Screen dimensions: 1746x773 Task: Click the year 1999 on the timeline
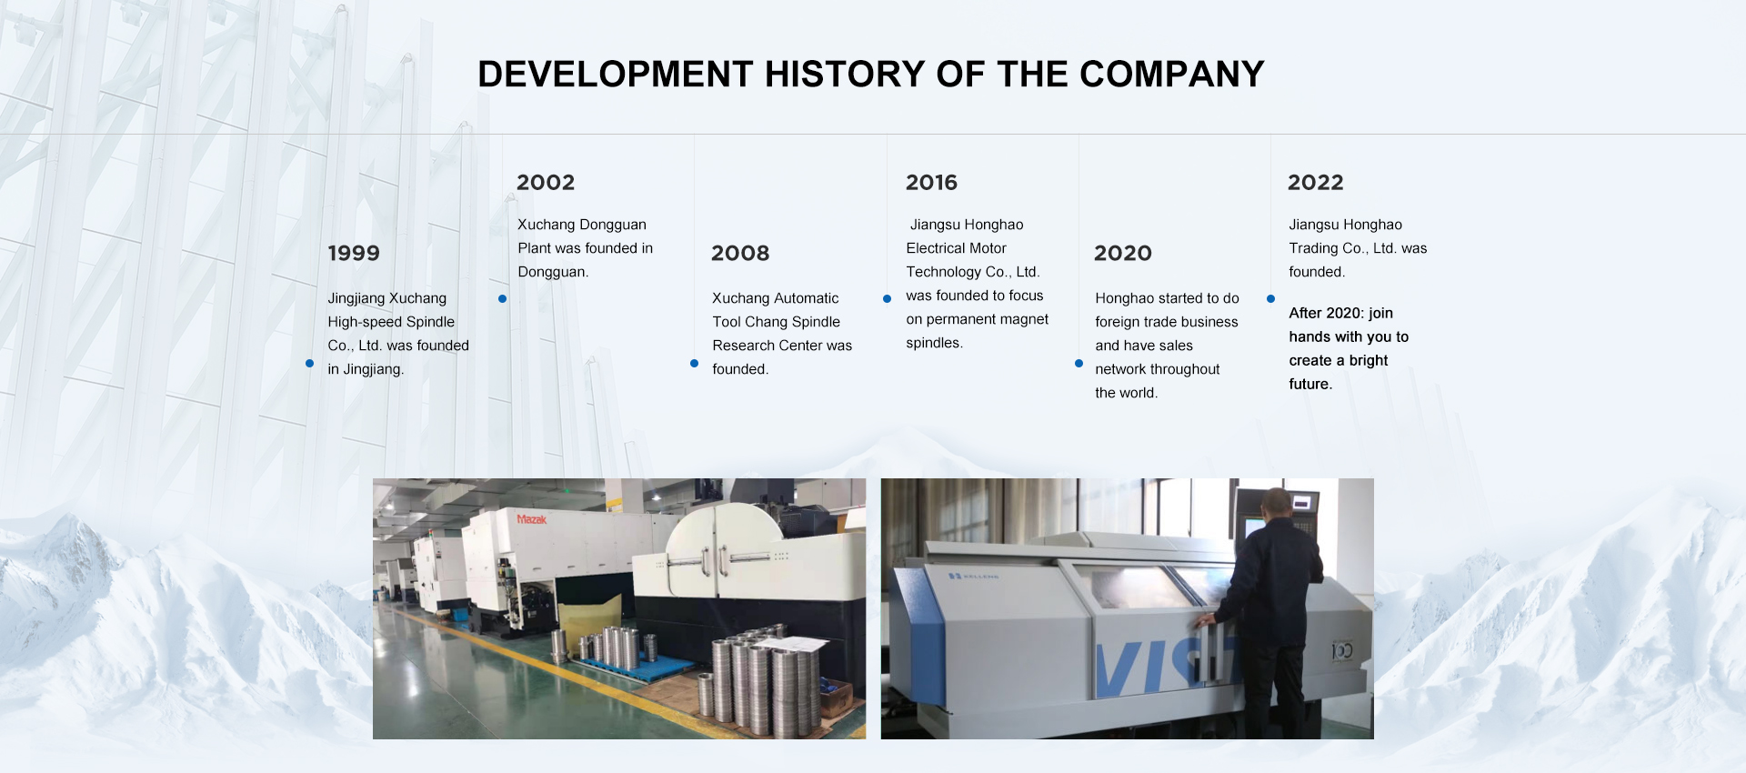354,253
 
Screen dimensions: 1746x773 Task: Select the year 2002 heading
546,182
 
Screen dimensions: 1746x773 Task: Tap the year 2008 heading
740,253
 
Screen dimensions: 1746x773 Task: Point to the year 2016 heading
931,182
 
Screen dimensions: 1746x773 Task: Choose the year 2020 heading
1123,253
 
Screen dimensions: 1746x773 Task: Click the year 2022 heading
1315,182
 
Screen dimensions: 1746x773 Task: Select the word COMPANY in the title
1172,74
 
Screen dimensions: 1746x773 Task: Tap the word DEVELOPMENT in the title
616,74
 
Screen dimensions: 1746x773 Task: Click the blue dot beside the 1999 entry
309,363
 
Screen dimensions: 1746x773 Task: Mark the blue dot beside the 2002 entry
502,298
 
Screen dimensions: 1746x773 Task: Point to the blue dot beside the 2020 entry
1079,363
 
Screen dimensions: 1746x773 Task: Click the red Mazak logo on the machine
532,519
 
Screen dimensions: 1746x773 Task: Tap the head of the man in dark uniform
1276,502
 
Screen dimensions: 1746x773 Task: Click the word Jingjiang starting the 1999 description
356,298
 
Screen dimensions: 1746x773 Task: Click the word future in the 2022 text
1310,384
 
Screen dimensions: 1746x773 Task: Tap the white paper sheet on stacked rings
791,643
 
